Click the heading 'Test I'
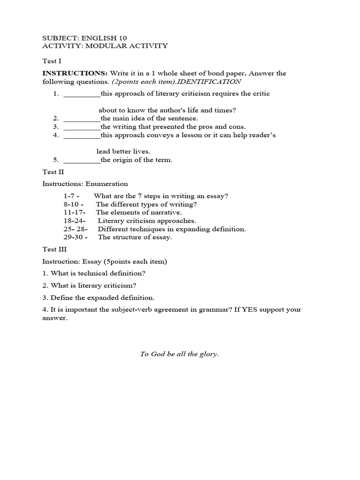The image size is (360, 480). point(52,61)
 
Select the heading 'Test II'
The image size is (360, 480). point(52,172)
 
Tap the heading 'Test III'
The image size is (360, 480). point(53,249)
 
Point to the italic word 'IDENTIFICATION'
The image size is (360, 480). point(215,82)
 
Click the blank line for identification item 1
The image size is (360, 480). point(82,94)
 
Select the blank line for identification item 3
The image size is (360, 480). point(82,127)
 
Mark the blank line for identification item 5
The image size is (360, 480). point(82,160)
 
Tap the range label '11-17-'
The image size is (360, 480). point(74,212)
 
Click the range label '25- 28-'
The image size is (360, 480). point(75,229)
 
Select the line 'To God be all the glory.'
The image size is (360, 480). point(180,354)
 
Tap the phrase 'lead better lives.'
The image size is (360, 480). point(123,151)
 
